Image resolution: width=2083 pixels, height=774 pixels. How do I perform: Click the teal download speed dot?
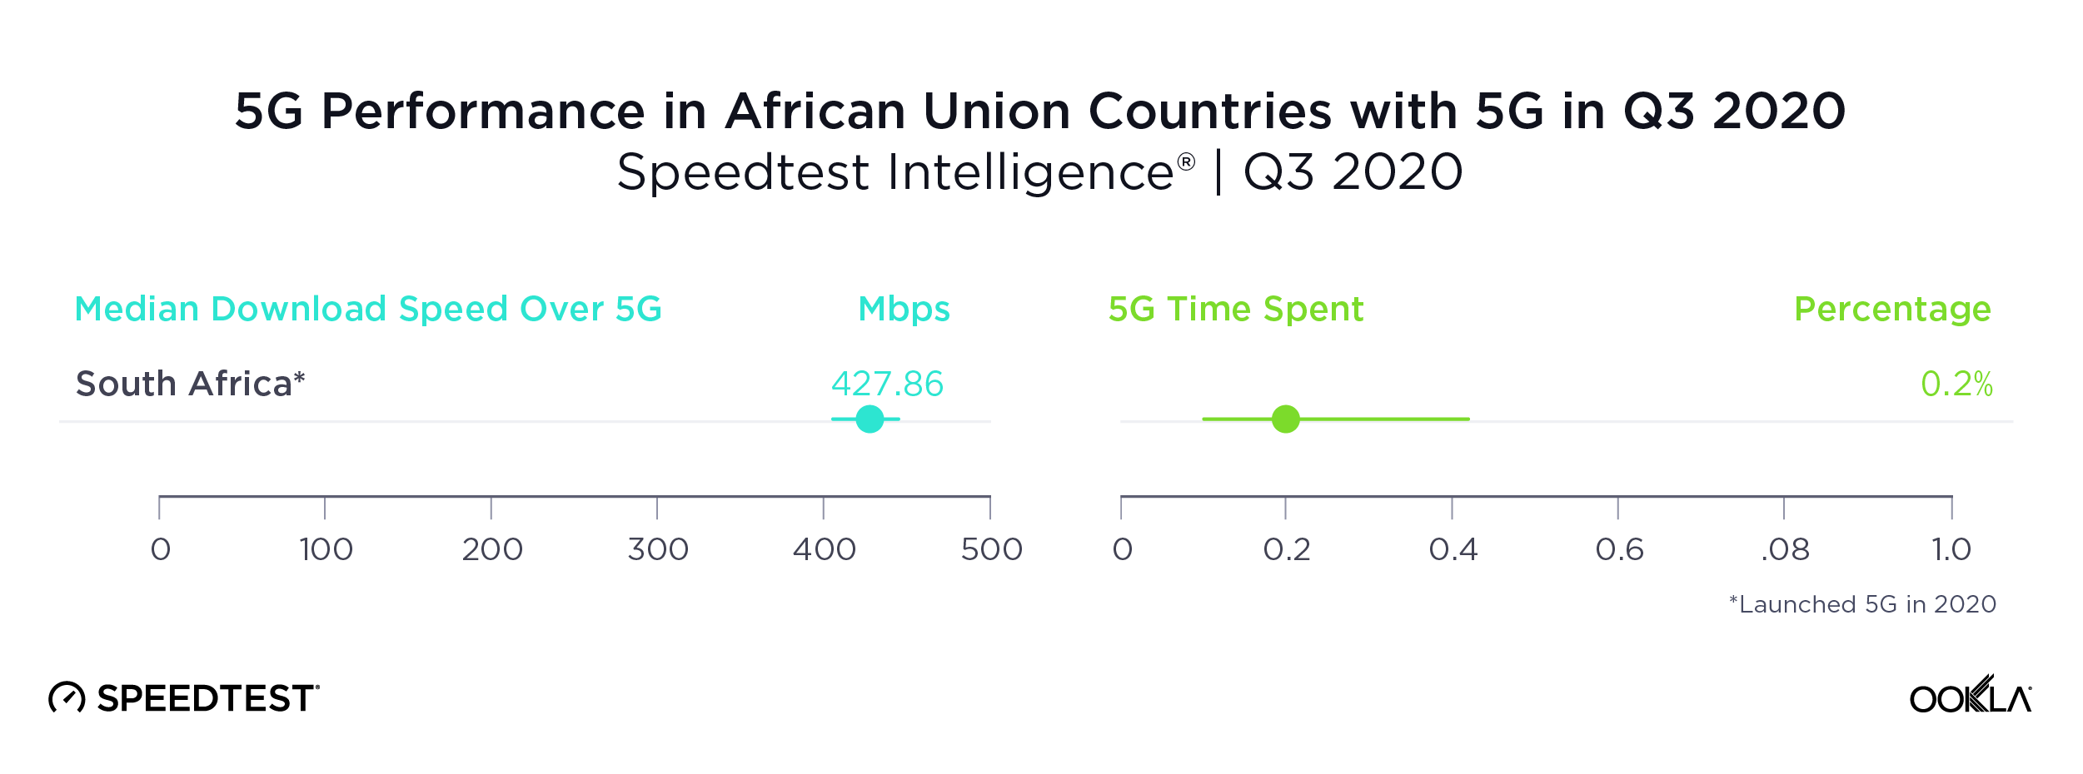click(x=870, y=419)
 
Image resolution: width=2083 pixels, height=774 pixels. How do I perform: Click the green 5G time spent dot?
click(x=1286, y=419)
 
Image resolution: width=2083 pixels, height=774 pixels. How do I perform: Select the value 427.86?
click(x=887, y=384)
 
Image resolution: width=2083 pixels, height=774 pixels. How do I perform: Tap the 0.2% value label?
click(x=1956, y=384)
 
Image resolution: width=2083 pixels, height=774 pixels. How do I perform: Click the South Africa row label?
click(x=190, y=384)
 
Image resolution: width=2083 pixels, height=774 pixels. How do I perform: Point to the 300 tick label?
click(x=658, y=549)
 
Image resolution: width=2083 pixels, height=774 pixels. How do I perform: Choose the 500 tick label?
click(x=991, y=549)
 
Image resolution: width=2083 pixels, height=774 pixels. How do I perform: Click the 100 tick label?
click(x=326, y=549)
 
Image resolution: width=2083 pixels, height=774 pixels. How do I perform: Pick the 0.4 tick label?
click(x=1453, y=549)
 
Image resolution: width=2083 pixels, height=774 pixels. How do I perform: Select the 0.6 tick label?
click(x=1619, y=549)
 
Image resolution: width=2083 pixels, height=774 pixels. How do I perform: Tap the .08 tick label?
click(x=1785, y=549)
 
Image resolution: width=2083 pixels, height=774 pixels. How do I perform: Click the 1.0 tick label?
click(x=1951, y=549)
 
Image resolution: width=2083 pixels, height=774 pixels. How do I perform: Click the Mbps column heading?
click(x=904, y=309)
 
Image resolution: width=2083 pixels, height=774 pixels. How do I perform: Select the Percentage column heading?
click(x=1892, y=309)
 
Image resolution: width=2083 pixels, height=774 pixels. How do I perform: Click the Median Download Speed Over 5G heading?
click(x=368, y=309)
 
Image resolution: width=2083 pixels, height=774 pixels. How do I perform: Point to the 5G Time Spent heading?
click(x=1236, y=309)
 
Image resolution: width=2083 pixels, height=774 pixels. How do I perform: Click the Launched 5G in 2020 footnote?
click(x=1862, y=604)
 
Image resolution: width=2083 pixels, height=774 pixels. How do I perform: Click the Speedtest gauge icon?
click(x=67, y=697)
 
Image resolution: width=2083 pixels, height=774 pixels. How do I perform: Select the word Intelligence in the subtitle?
click(x=1031, y=172)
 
